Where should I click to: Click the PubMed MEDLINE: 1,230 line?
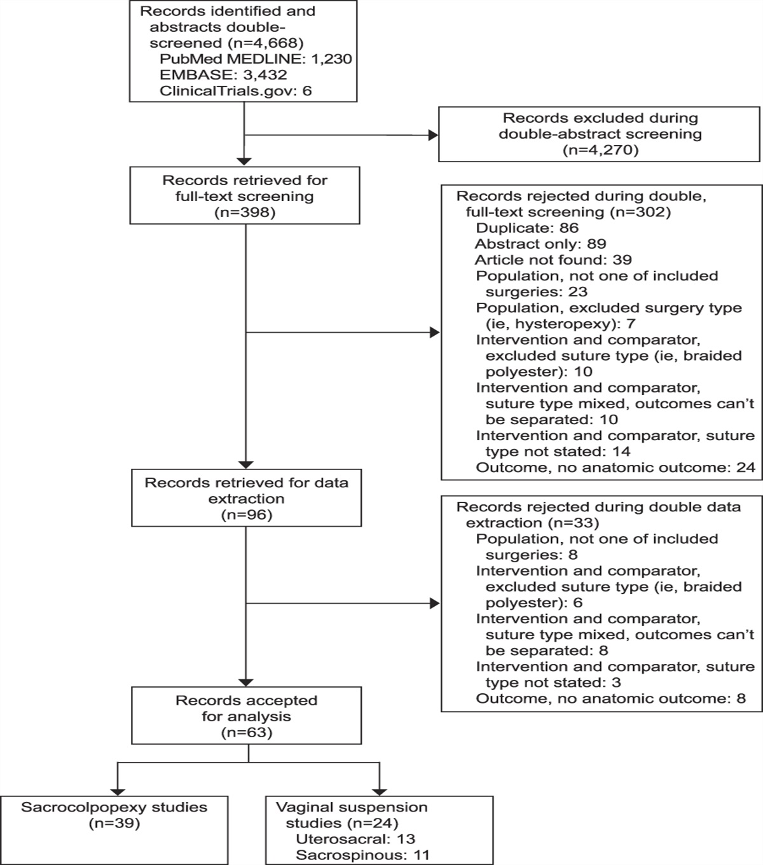256,59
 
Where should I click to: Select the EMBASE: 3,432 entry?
223,75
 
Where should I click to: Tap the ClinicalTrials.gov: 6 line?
236,91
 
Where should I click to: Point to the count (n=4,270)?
600,151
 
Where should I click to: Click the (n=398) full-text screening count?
245,212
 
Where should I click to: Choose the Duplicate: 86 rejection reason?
527,228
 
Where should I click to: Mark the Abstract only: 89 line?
540,244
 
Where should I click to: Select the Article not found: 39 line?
553,259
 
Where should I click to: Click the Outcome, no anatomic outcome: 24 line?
615,467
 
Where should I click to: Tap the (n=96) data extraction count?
246,515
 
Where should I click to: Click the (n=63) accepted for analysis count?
246,733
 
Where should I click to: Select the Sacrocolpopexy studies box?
114,815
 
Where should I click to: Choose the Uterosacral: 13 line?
355,839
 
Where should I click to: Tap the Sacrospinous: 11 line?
362,855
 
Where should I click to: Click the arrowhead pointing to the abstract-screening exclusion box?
434,135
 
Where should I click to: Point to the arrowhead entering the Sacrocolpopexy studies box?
118,790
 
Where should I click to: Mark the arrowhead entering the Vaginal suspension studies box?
380,790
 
